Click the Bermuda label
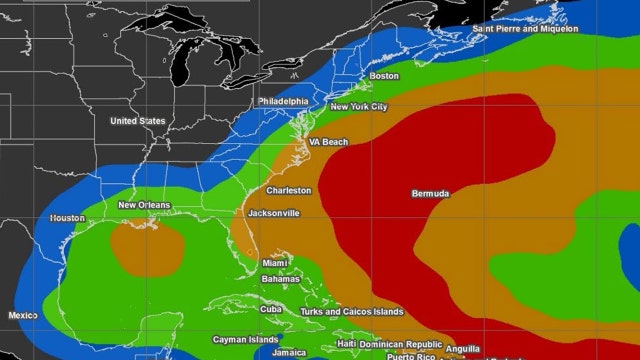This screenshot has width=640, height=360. [x=430, y=193]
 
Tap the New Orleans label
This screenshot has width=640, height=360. [x=144, y=206]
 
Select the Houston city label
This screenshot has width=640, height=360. [x=67, y=218]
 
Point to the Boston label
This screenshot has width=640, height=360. [x=384, y=76]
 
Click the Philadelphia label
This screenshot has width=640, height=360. [x=283, y=102]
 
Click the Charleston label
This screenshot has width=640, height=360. [x=288, y=190]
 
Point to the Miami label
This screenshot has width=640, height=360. [x=275, y=263]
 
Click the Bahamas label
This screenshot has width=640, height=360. [x=280, y=279]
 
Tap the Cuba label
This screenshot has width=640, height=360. [x=271, y=309]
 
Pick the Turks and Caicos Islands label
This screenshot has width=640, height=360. [x=352, y=312]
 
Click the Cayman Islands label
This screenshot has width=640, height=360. [x=246, y=340]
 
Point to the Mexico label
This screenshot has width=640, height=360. [x=23, y=315]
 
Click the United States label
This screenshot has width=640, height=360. [x=138, y=121]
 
